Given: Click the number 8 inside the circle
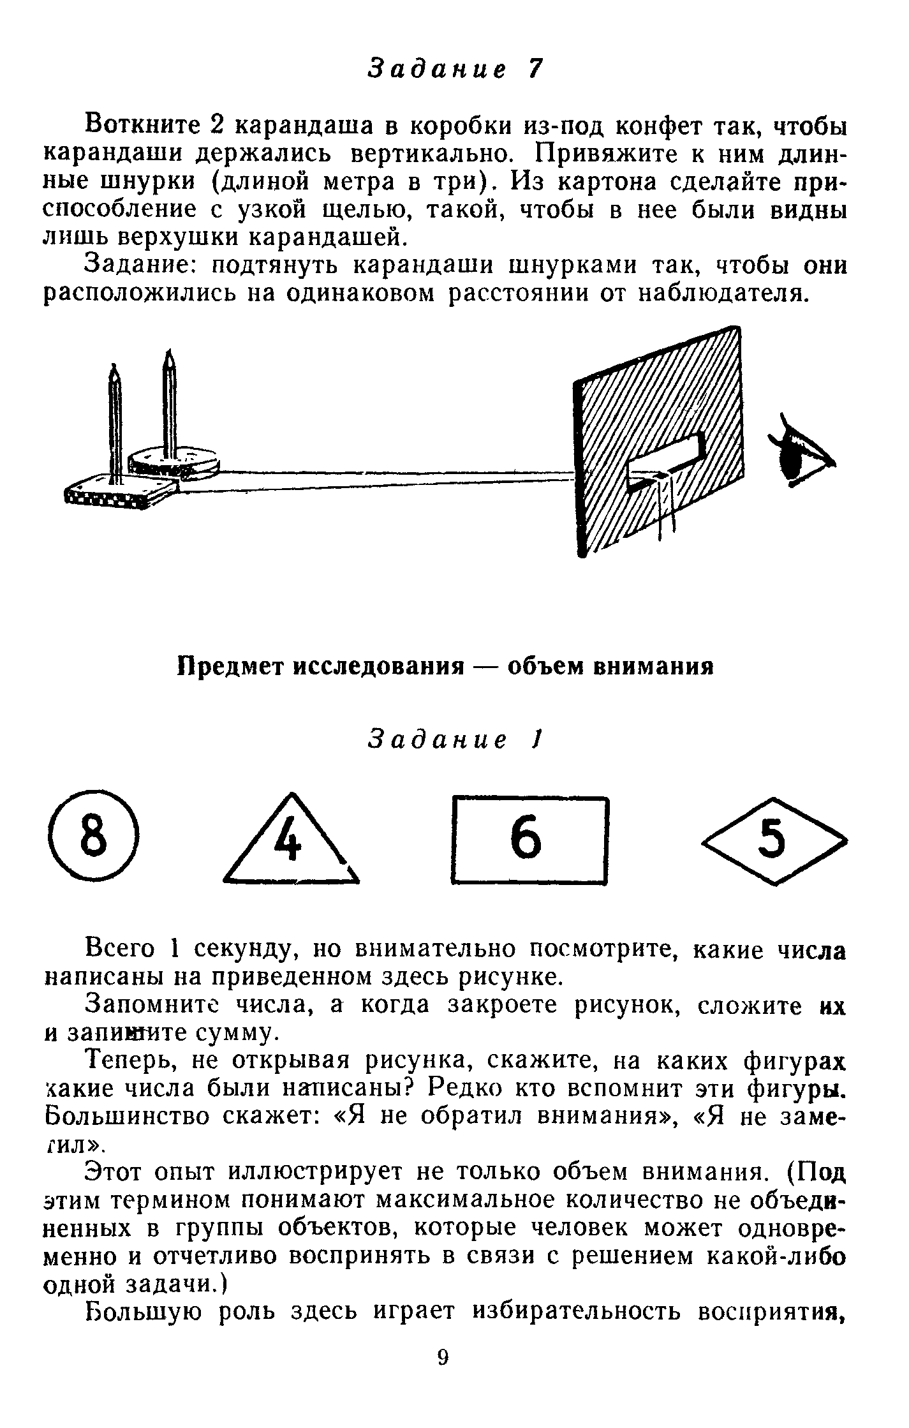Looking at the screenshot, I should pos(93,839).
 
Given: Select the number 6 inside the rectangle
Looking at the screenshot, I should pos(526,840).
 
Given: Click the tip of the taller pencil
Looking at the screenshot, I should pos(169,354).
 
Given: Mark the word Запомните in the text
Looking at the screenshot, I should pos(154,1005).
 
